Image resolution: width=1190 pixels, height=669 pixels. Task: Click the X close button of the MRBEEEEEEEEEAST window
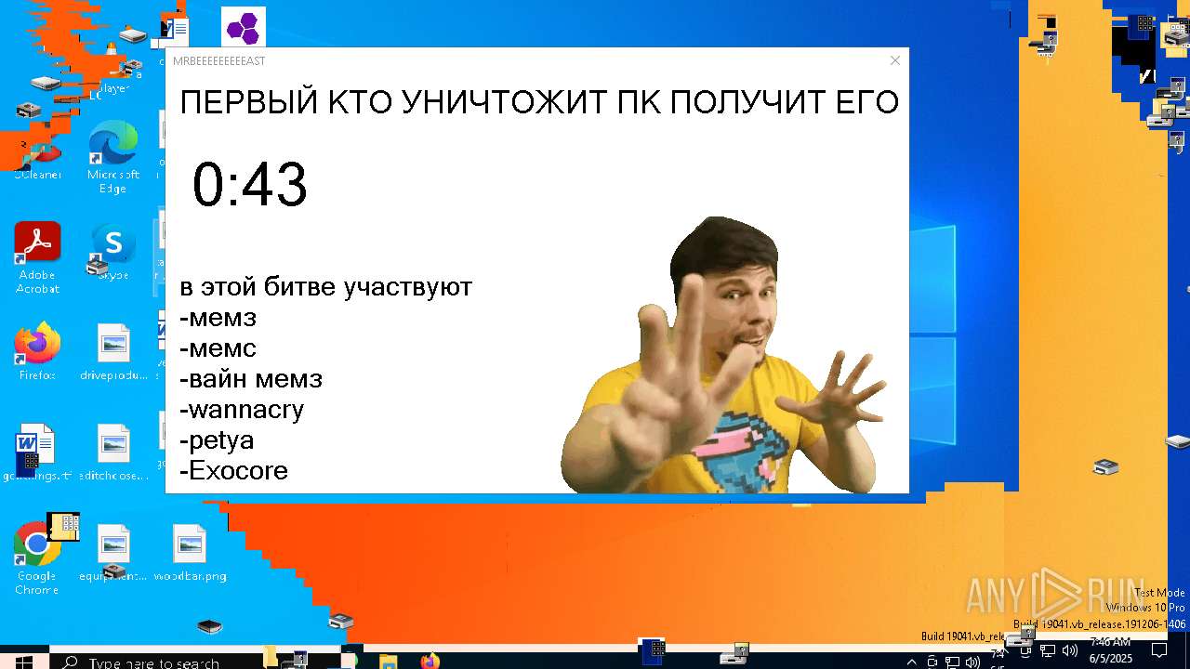(x=894, y=61)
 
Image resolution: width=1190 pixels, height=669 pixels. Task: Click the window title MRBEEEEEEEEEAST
(x=219, y=61)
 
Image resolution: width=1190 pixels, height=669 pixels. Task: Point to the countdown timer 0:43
(x=249, y=184)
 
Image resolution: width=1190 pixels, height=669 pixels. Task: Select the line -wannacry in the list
(x=242, y=410)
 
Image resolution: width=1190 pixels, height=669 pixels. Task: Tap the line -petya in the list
(x=217, y=440)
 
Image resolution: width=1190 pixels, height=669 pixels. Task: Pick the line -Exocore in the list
(x=234, y=471)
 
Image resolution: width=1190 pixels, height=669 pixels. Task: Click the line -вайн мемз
(x=251, y=379)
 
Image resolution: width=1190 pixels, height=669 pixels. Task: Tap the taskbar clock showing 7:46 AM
(x=1109, y=649)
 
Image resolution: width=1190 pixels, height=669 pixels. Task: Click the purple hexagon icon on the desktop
(x=244, y=27)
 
